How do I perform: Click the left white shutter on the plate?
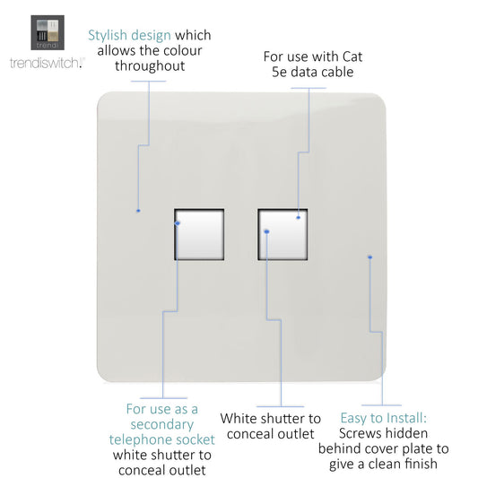tap(199, 234)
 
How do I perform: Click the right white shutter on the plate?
tap(282, 234)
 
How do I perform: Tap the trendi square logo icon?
tap(48, 32)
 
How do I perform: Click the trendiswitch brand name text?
tap(47, 63)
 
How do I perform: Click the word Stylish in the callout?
tap(108, 36)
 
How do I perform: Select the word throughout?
tap(150, 65)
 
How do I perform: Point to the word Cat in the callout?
tap(352, 56)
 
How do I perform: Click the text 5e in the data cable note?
tap(279, 73)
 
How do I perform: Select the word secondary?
tap(162, 425)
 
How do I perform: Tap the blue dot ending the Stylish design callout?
tap(138, 211)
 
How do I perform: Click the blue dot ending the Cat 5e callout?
tap(298, 217)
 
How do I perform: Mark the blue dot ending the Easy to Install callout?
tap(370, 257)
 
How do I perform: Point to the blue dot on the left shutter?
tap(178, 223)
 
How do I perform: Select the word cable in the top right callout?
tap(336, 73)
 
